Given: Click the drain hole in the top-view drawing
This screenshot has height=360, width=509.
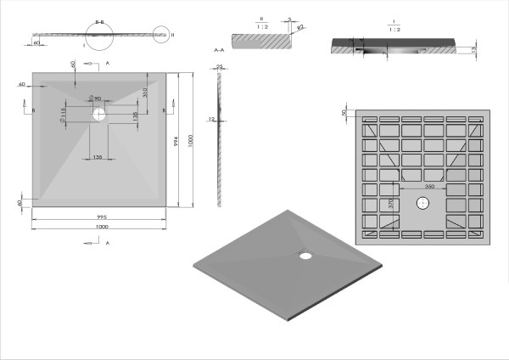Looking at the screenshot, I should [99, 112].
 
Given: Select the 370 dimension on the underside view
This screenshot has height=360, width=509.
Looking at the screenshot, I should [391, 204].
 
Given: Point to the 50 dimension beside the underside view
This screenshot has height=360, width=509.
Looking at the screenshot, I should [344, 113].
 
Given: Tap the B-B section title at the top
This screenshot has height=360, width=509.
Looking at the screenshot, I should [100, 21].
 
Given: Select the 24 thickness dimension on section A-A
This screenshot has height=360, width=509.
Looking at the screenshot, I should [219, 66].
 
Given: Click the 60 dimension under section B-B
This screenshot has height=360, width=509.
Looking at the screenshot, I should [37, 41].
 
